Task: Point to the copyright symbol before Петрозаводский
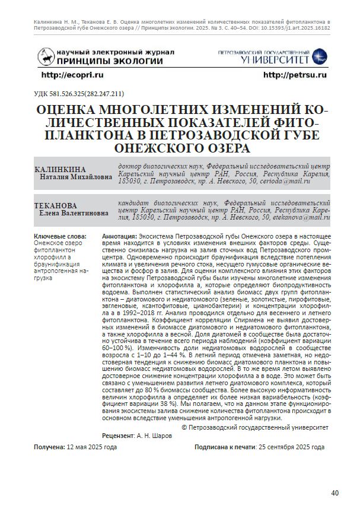pyautogui.click(x=184, y=427)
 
